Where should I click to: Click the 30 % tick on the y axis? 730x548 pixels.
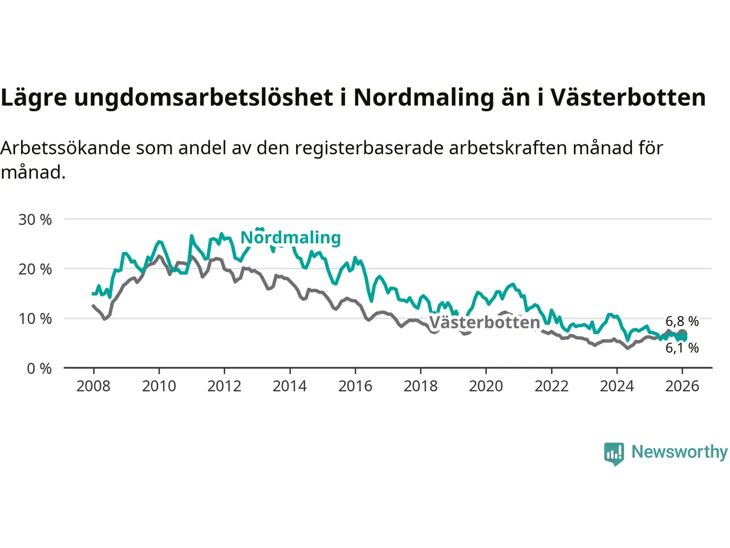[35, 220]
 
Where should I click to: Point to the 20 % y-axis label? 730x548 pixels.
[35, 269]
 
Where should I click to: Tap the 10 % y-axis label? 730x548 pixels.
[35, 319]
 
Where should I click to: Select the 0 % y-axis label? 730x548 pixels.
[39, 369]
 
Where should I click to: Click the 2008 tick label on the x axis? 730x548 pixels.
[94, 386]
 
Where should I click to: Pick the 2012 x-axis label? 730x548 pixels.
[224, 386]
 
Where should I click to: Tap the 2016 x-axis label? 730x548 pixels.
[355, 386]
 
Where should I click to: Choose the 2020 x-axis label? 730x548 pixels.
[486, 386]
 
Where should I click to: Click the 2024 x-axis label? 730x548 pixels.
[617, 386]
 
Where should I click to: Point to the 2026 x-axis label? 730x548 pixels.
[682, 386]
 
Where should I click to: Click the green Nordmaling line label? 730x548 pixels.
[290, 237]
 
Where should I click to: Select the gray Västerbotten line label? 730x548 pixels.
[484, 323]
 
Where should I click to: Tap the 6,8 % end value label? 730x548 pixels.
[682, 321]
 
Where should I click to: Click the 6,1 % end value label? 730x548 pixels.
[682, 348]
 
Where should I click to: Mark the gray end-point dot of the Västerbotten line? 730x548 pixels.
[682, 335]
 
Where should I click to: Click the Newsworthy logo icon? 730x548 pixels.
[614, 454]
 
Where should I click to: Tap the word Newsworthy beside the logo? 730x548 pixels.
[679, 452]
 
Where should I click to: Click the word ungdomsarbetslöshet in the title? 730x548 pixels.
[204, 98]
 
